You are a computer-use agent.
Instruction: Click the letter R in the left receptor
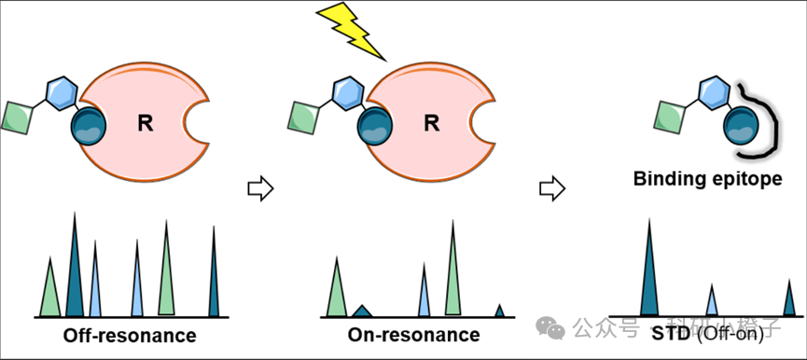pyautogui.click(x=146, y=124)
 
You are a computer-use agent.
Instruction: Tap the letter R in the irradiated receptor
pyautogui.click(x=431, y=123)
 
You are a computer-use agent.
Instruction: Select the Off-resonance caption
pyautogui.click(x=130, y=336)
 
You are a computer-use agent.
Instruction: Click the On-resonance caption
pyautogui.click(x=414, y=336)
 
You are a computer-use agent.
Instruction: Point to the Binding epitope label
pyautogui.click(x=708, y=179)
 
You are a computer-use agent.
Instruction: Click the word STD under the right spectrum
pyautogui.click(x=671, y=334)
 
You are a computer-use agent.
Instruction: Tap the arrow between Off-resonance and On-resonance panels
pyautogui.click(x=260, y=188)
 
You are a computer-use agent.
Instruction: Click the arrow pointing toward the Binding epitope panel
pyautogui.click(x=552, y=188)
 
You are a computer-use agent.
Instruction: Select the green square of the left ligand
pyautogui.click(x=18, y=118)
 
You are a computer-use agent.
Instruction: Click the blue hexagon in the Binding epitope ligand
pyautogui.click(x=714, y=93)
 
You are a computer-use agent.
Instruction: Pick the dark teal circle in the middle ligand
pyautogui.click(x=375, y=125)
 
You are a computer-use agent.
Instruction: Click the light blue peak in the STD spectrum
pyautogui.click(x=711, y=302)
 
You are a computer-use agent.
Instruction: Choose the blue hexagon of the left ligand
pyautogui.click(x=62, y=93)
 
